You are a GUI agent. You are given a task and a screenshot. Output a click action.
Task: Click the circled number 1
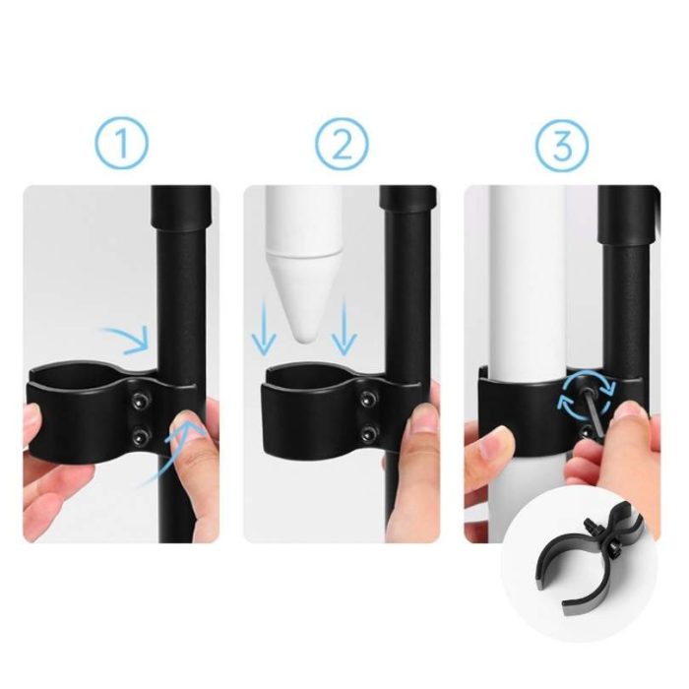pos(122,143)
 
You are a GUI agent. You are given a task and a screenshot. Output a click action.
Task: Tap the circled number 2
pos(342,143)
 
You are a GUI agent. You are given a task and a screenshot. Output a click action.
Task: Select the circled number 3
pos(562,143)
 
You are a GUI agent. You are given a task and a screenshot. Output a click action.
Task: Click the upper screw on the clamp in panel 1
pos(140,401)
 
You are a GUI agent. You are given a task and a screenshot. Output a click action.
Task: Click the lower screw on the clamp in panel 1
pos(140,436)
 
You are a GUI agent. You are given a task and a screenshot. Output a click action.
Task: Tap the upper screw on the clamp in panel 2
pos(367,400)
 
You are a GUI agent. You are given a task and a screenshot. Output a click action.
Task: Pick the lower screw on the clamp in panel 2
pos(367,435)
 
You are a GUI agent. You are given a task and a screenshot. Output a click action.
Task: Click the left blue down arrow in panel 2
pos(264,328)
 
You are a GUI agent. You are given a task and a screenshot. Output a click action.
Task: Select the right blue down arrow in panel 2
pos(344,328)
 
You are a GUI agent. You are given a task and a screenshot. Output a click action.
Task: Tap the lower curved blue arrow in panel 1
pos(171,453)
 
